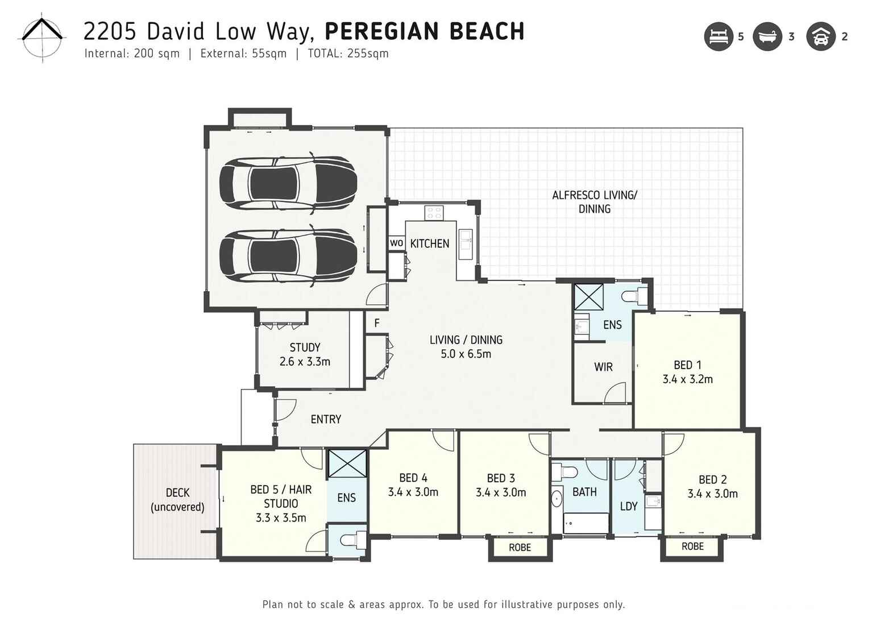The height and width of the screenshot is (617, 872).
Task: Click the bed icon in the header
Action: point(718,36)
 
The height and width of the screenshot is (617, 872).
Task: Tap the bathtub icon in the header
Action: point(767,36)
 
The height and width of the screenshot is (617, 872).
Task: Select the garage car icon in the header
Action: point(820,36)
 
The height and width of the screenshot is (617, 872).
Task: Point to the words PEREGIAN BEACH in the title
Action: point(424,31)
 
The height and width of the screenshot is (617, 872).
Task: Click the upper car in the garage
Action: point(288,183)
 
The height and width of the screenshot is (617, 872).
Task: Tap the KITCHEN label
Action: point(429,243)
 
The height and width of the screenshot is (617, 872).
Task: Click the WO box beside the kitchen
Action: point(396,243)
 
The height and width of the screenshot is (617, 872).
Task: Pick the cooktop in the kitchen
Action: point(434,213)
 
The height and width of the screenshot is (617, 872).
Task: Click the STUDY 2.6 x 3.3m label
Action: point(305,354)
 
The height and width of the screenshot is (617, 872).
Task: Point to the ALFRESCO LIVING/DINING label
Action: point(594,202)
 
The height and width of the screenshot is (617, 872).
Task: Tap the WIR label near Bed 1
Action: point(603,367)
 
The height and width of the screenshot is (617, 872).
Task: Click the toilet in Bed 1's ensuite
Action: point(635,296)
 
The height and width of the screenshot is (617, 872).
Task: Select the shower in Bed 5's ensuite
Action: point(347,463)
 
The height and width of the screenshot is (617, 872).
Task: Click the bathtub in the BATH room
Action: point(586,523)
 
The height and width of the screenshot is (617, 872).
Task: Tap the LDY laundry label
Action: point(628,506)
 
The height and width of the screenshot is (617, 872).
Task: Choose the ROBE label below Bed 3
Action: point(520,547)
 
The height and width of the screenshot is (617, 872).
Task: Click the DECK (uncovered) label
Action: point(177,500)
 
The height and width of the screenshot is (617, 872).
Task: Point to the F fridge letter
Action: point(376,323)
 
